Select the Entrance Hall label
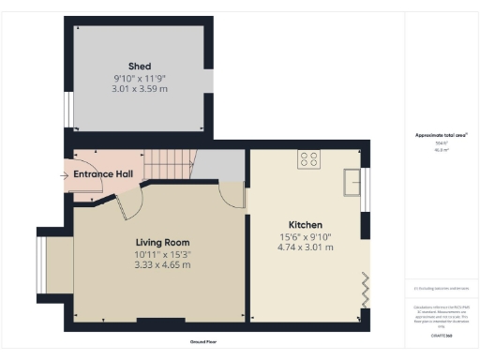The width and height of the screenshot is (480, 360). (103, 174)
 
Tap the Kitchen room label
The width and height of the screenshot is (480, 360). (306, 225)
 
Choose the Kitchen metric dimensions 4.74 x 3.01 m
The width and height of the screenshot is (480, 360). (306, 247)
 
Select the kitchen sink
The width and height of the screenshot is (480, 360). (353, 181)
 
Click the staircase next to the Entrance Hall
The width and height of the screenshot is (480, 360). (174, 167)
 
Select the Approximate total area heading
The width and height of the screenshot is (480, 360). (441, 135)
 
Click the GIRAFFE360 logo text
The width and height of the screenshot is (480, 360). (441, 335)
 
